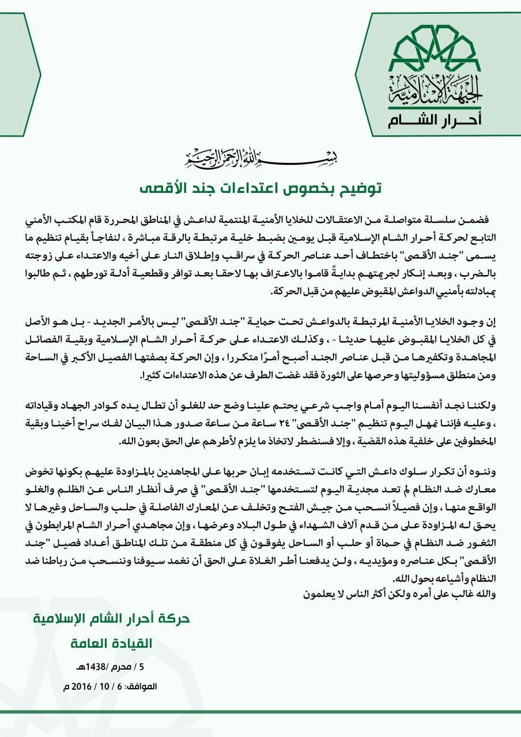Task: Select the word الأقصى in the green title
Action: (x=165, y=188)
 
